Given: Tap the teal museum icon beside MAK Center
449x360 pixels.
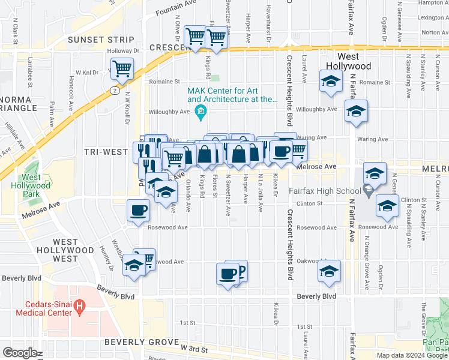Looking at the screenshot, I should [x=200, y=110].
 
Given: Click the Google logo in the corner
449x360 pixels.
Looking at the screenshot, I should [x=19, y=353].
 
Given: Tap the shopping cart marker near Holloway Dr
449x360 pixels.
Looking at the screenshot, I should [x=122, y=68].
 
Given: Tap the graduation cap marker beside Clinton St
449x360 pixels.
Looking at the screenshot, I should [x=388, y=206].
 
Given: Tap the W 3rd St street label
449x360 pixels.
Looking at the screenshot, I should [x=193, y=348].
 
